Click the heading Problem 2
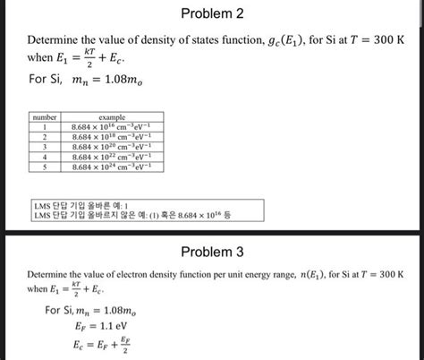[211, 14]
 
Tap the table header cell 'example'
[111, 118]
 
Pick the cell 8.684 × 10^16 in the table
[112, 128]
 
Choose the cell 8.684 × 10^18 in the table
[112, 138]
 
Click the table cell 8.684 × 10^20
[112, 147]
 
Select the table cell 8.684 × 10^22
[112, 157]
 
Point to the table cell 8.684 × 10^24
[112, 167]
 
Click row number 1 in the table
[44, 128]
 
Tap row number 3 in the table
[44, 147]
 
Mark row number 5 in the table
[44, 167]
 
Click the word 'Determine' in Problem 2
[51, 41]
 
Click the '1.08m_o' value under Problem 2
[121, 82]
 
